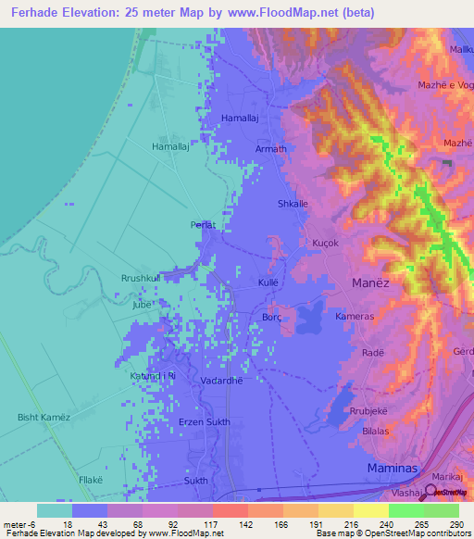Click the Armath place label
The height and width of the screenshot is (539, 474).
(271, 149)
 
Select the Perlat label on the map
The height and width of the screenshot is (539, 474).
(203, 225)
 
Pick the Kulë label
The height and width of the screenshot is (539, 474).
(268, 281)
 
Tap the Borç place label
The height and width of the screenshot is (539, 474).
(272, 316)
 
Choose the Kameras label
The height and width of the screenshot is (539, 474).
(355, 317)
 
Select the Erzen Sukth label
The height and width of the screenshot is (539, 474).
(204, 422)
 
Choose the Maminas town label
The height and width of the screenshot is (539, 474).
(396, 468)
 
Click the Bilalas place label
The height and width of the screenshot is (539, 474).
(374, 432)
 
